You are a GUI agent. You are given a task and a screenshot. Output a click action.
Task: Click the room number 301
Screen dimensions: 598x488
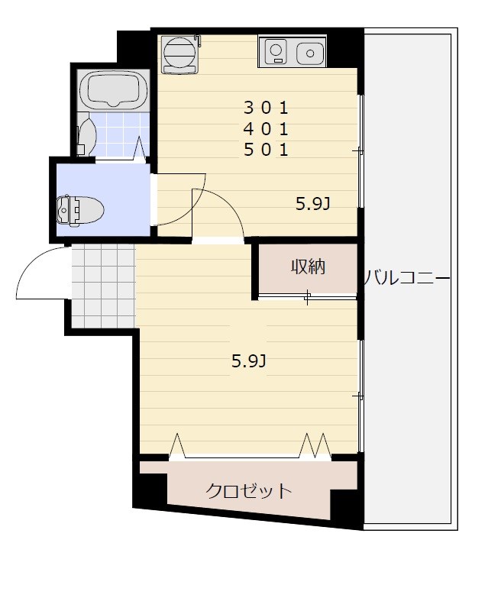click(266, 105)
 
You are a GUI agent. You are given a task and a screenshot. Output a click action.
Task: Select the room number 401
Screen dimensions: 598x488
click(266, 128)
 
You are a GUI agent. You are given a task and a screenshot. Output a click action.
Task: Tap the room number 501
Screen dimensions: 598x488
click(266, 150)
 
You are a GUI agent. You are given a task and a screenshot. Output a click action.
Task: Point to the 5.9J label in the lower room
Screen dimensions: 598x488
click(248, 361)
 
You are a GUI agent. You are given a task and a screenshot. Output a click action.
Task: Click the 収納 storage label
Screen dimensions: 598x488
click(308, 267)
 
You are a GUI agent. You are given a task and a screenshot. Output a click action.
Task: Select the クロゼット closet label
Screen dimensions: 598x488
click(249, 490)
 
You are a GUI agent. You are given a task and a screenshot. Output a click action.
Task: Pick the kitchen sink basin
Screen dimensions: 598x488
click(309, 53)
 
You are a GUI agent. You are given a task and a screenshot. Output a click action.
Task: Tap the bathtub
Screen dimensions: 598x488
click(114, 90)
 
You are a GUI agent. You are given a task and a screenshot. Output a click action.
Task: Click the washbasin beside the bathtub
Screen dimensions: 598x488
click(86, 137)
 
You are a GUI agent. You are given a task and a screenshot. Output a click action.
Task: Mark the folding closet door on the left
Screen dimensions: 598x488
click(177, 444)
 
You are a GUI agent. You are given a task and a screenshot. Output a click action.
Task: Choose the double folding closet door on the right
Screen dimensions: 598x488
click(315, 444)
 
